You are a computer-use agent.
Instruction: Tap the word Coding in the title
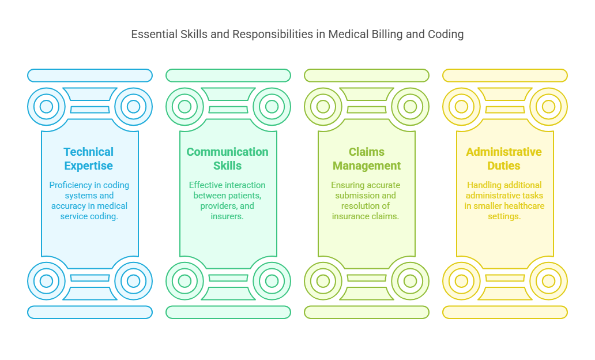click(x=446, y=34)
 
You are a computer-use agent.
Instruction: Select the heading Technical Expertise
click(x=89, y=159)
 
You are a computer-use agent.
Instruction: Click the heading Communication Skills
click(x=227, y=159)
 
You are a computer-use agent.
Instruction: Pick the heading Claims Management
click(x=367, y=159)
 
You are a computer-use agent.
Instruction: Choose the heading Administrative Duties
click(x=504, y=159)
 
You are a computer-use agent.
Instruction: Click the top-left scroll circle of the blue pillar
click(x=47, y=107)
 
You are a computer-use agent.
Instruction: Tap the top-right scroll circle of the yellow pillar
click(x=548, y=107)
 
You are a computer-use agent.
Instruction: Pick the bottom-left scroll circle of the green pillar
click(x=323, y=281)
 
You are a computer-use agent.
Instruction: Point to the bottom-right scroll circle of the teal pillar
click(x=272, y=281)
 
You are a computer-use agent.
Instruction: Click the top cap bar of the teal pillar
click(x=228, y=76)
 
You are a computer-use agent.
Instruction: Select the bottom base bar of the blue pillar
click(x=90, y=312)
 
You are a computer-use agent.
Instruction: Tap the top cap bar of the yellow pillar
click(x=505, y=76)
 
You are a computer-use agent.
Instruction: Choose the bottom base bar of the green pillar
click(x=367, y=312)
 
